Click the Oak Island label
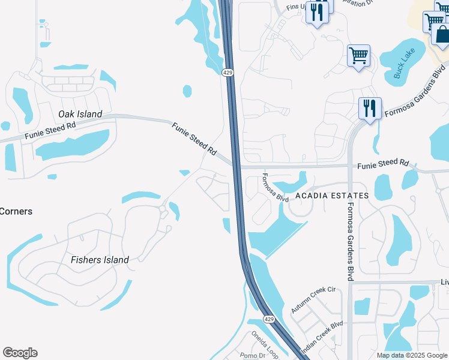(80, 114)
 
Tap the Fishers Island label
(100, 260)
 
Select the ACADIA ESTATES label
(331, 196)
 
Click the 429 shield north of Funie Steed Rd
(228, 73)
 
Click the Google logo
(20, 353)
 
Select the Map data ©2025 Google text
(412, 355)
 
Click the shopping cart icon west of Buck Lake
(358, 56)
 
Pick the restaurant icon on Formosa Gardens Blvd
(369, 108)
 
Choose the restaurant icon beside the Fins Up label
(318, 12)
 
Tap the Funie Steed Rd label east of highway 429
(383, 163)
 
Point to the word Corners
(16, 211)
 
